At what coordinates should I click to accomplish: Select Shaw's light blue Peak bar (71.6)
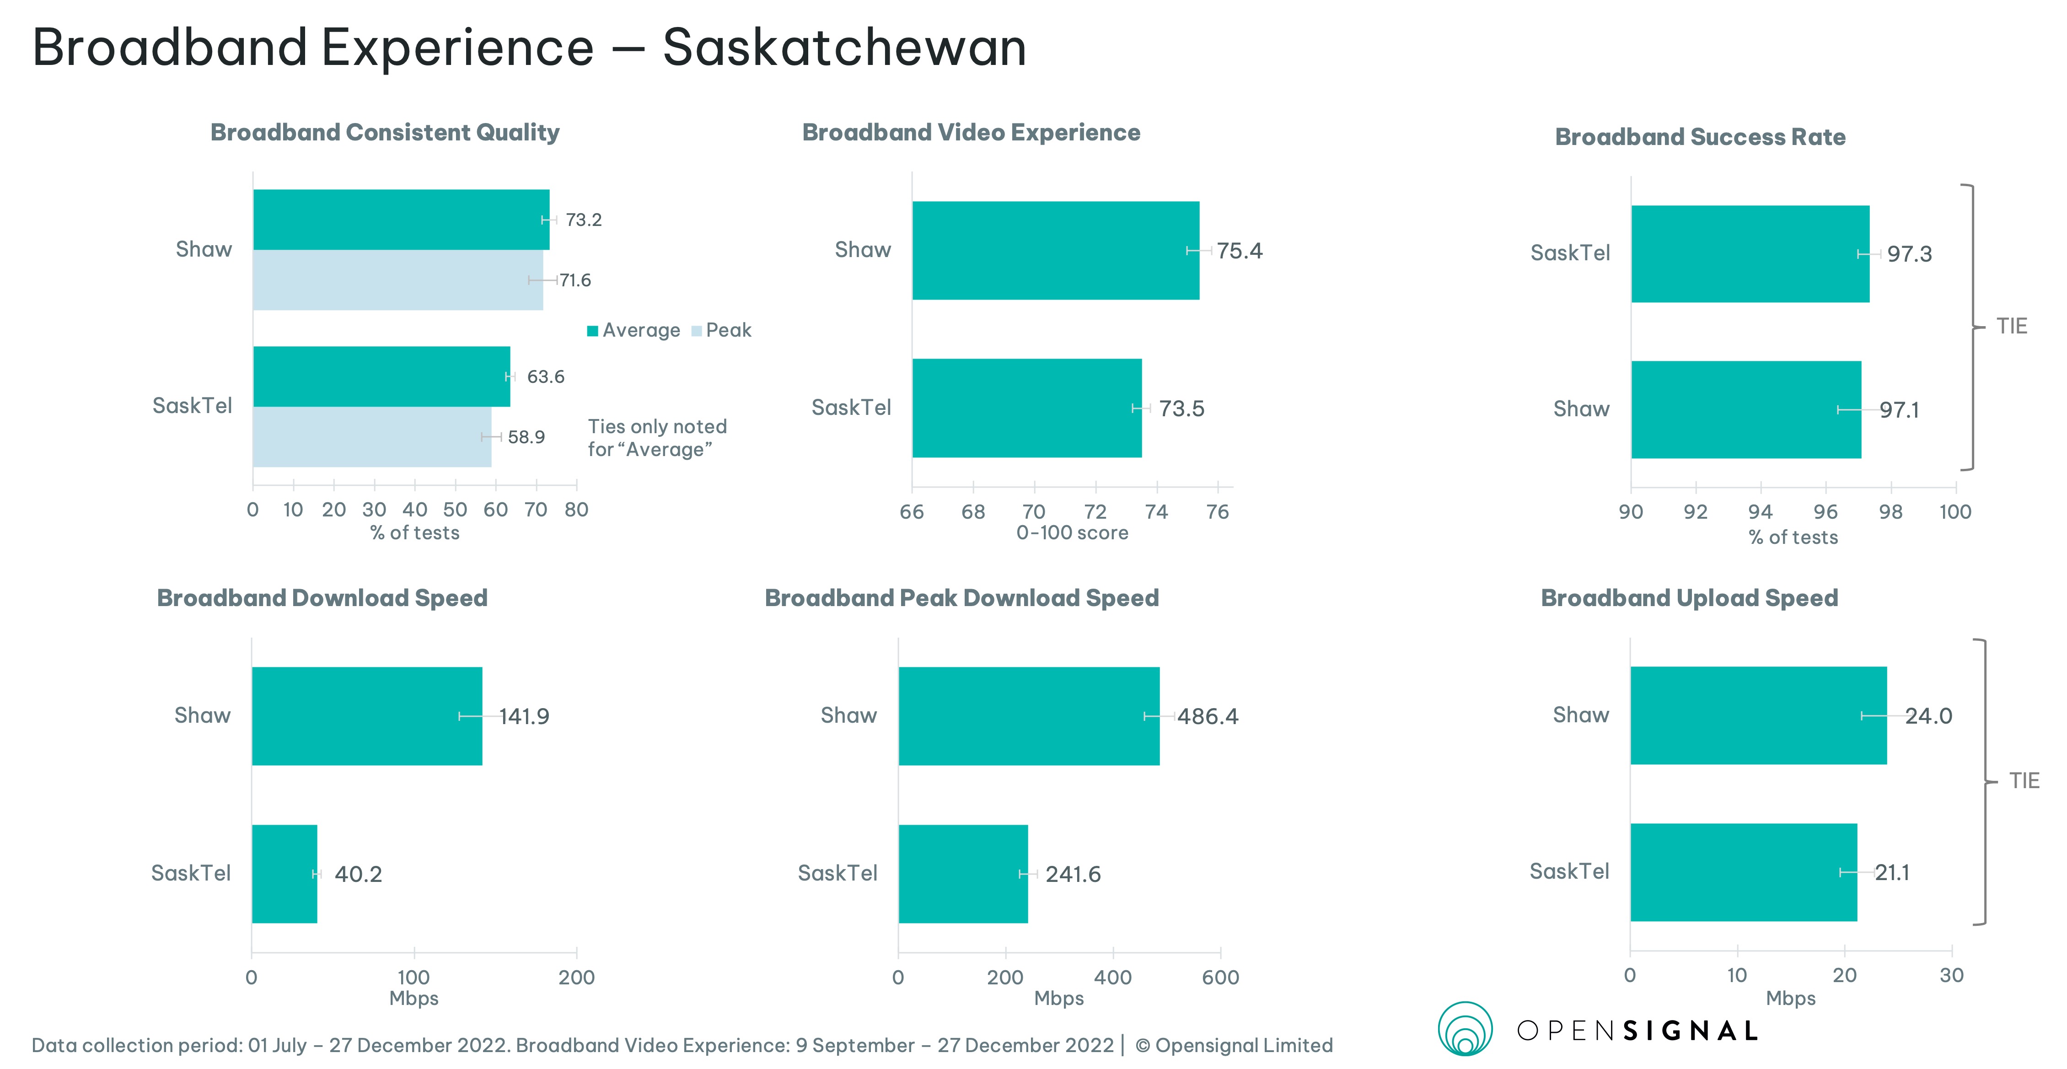pos(397,280)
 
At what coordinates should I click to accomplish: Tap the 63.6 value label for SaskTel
pos(546,376)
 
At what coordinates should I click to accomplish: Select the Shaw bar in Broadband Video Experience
pos(1055,250)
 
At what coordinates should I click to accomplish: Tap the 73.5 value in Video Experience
pos(1181,408)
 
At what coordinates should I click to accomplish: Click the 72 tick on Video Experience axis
pos(1095,512)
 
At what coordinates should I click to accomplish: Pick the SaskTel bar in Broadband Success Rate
pos(1749,253)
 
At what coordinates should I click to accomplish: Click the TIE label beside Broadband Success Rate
pos(2012,326)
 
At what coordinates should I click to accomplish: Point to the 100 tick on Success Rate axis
pos(1954,512)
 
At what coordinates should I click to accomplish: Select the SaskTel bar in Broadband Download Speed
pos(284,874)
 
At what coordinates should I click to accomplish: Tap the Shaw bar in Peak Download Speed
pos(1029,716)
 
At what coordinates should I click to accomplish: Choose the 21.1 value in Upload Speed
pos(1892,872)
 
